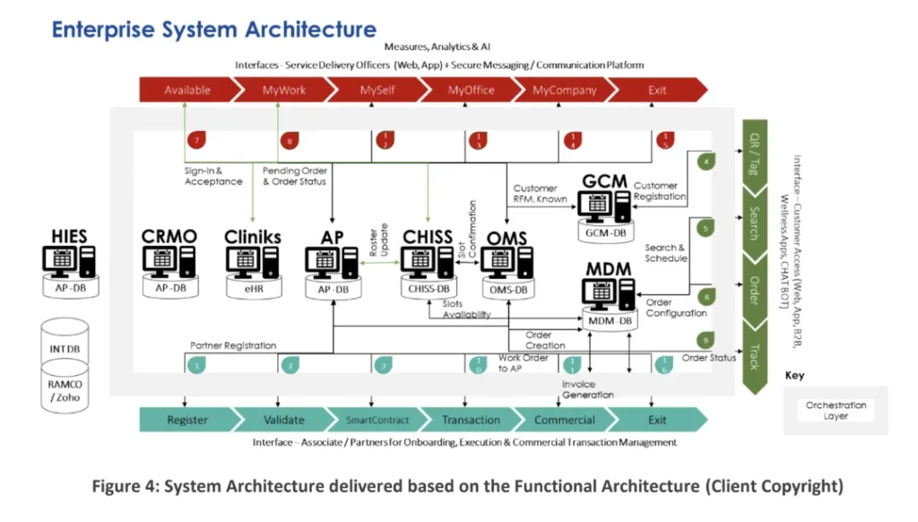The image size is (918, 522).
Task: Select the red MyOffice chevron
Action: point(472,90)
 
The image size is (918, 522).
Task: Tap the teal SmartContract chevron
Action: point(377,420)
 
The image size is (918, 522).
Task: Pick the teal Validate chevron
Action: point(284,420)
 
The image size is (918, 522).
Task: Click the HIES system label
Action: point(69,237)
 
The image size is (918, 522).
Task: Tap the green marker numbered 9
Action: point(706,341)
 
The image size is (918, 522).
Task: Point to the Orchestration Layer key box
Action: point(836,411)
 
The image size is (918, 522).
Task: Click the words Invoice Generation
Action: point(587,389)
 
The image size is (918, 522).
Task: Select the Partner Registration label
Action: point(233,344)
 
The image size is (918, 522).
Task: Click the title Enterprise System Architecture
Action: point(213,29)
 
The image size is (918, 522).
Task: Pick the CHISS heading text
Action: point(428,237)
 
